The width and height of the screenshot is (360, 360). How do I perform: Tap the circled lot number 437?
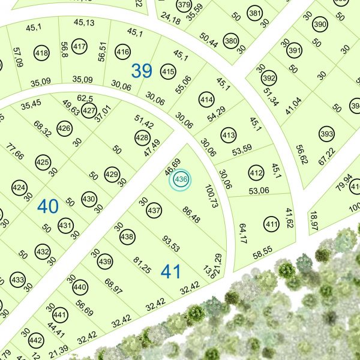[154, 211]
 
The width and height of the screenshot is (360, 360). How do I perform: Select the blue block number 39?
[142, 71]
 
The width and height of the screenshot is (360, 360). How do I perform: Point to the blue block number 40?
[48, 206]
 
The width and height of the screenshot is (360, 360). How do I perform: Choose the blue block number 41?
[171, 272]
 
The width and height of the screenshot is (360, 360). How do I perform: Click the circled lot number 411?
[272, 225]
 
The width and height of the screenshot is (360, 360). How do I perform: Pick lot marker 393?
[326, 133]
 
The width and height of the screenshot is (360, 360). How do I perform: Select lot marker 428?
[142, 138]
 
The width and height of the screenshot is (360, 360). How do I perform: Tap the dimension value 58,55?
[263, 254]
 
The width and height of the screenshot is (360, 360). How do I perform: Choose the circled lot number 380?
[230, 41]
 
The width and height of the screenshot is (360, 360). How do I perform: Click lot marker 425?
[42, 162]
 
